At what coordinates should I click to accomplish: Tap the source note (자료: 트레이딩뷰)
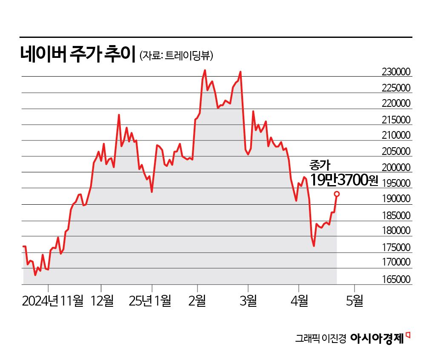click(x=176, y=55)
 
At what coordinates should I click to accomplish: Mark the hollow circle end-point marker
click(x=337, y=194)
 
